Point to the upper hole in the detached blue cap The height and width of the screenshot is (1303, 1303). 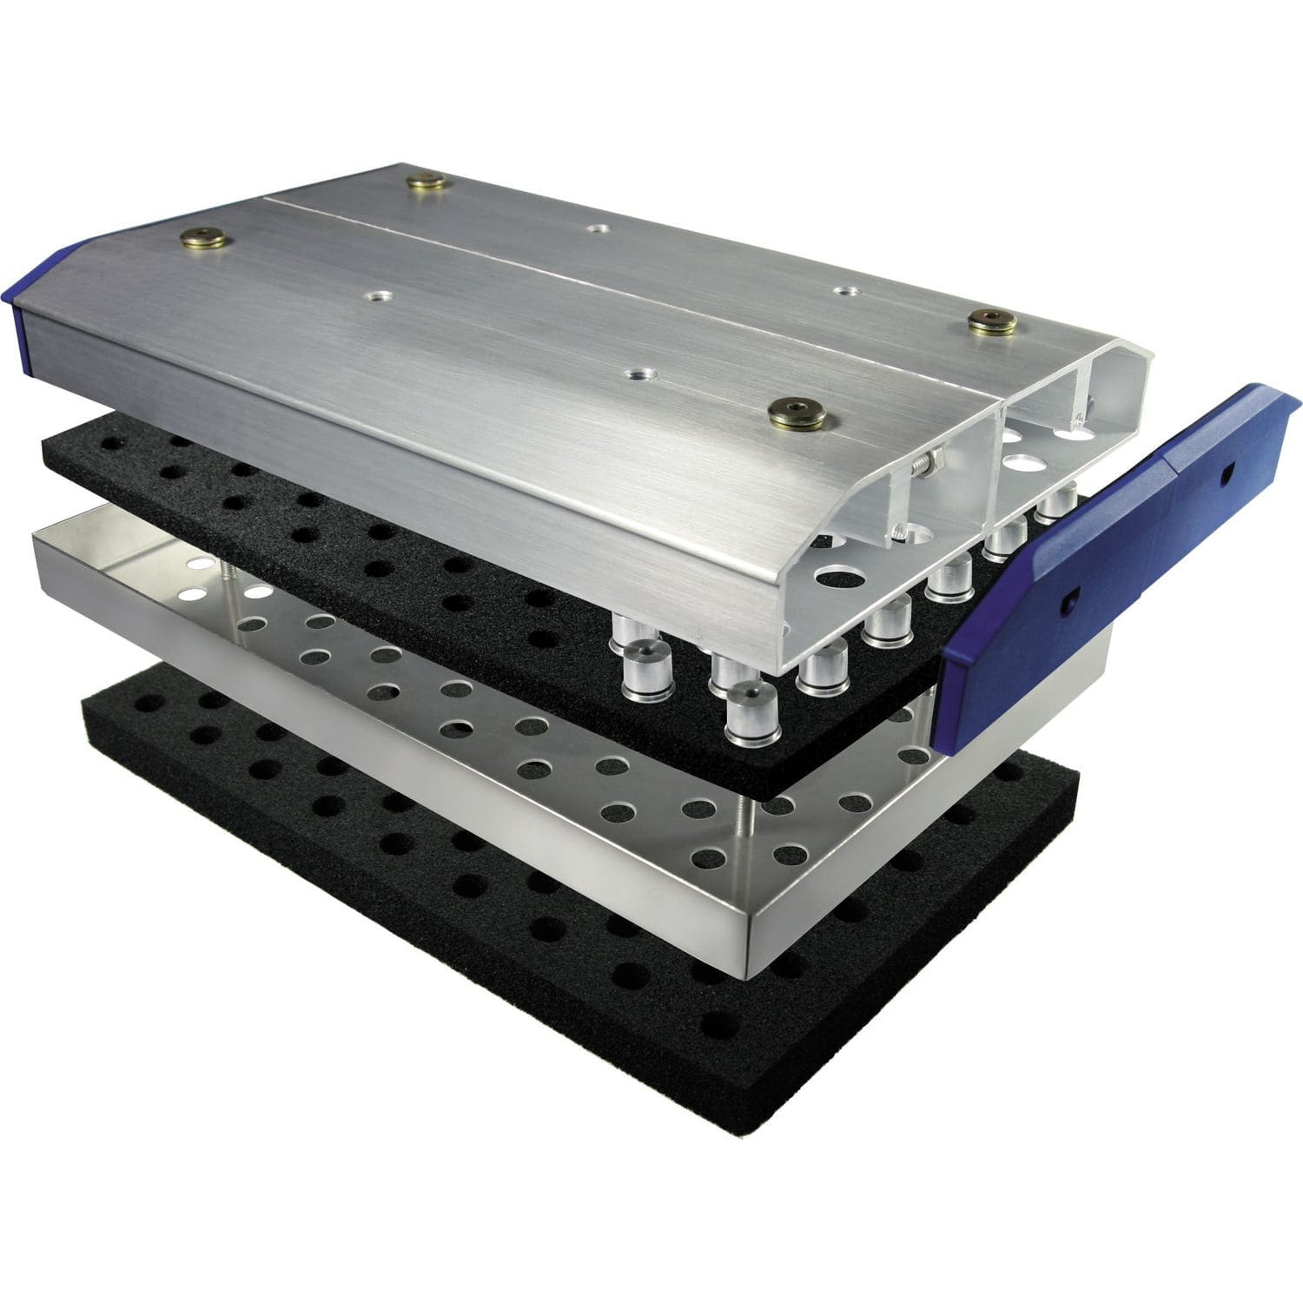[x=1227, y=473]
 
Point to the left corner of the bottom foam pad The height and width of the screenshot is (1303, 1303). [x=85, y=705]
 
